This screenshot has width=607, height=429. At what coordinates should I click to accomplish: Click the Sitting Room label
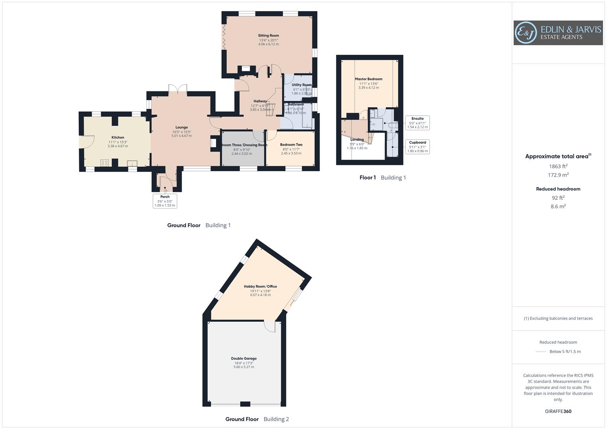click(268, 36)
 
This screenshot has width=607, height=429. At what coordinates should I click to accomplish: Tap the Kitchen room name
click(118, 137)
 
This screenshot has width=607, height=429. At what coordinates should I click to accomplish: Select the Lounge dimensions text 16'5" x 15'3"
click(181, 132)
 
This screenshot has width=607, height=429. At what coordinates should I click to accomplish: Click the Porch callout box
click(165, 201)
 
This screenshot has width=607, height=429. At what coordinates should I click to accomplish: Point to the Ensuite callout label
click(417, 119)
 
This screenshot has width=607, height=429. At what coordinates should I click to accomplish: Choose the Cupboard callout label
click(417, 143)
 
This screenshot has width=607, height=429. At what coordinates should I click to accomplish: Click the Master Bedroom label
click(368, 79)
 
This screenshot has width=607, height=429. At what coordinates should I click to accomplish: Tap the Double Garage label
click(244, 358)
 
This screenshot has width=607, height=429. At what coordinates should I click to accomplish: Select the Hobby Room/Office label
click(260, 286)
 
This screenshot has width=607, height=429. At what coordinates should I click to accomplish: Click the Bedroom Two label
click(291, 145)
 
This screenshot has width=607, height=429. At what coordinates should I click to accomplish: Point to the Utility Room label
click(301, 85)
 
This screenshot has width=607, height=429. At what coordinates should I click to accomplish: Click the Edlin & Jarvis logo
click(558, 33)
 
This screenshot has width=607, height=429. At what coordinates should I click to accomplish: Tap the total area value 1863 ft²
click(558, 166)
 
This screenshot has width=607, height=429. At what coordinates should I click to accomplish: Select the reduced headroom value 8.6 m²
click(558, 207)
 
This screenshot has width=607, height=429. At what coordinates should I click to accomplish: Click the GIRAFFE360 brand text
click(558, 412)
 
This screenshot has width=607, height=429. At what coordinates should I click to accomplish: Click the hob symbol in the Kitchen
click(105, 162)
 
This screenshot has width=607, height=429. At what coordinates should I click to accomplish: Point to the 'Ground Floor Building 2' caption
click(257, 419)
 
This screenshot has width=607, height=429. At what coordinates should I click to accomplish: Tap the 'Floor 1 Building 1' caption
click(382, 178)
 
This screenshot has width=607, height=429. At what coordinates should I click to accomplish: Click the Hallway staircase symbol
click(270, 109)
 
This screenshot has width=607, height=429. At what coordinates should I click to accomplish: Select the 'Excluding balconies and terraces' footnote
click(558, 318)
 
